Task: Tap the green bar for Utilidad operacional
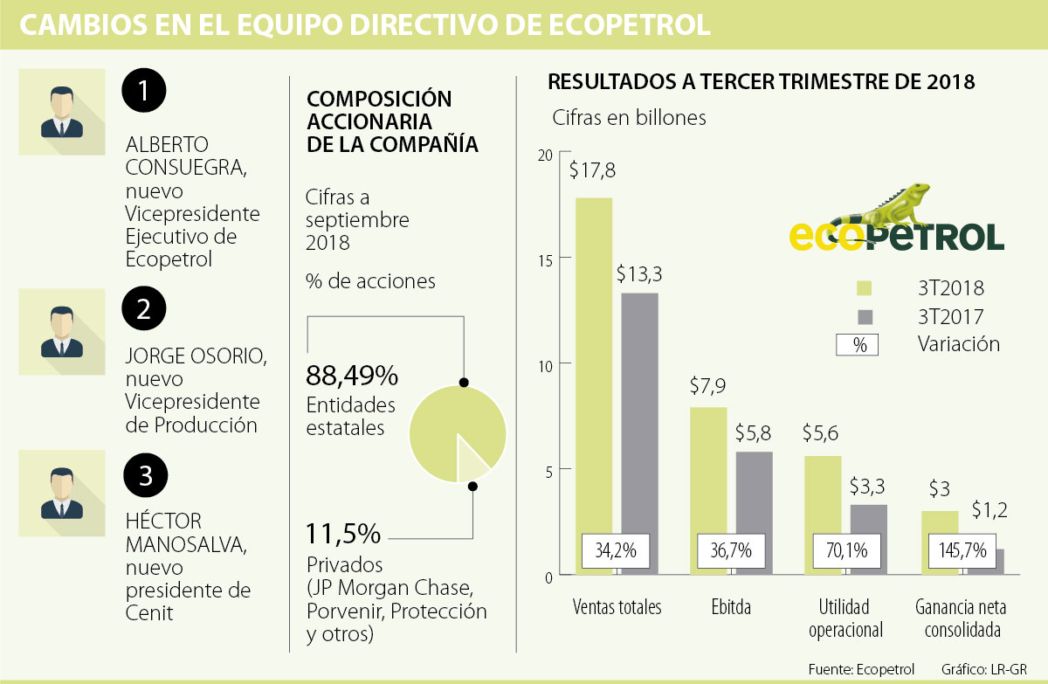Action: (821, 498)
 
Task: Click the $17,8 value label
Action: (592, 170)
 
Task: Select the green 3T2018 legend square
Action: (865, 288)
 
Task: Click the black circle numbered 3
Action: (144, 476)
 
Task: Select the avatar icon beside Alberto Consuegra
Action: (62, 111)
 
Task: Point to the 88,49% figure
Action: (352, 377)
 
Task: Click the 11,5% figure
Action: (343, 532)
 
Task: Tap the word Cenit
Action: (149, 612)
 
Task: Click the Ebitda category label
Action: (730, 607)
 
